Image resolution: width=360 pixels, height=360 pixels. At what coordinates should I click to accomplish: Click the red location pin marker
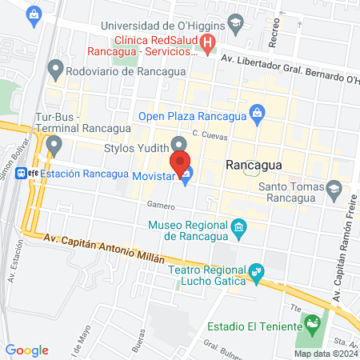[181, 161]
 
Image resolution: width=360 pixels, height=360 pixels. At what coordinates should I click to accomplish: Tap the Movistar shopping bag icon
[186, 176]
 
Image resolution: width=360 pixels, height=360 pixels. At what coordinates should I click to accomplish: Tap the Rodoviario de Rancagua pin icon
[55, 70]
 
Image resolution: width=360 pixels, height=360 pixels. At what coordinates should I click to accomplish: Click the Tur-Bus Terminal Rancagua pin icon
[54, 146]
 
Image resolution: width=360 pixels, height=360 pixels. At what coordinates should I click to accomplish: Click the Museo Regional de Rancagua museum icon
[238, 230]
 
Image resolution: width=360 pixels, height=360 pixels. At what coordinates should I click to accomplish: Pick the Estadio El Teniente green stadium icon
[311, 326]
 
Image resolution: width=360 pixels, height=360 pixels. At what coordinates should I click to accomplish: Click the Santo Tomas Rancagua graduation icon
[334, 190]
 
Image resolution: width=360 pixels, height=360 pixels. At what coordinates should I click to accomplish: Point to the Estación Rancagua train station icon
[33, 174]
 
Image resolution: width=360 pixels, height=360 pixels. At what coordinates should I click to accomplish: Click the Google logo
[27, 350]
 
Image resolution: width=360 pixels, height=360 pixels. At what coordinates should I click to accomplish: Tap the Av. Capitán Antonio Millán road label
[104, 249]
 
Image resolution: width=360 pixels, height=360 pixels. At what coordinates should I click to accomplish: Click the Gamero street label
[160, 206]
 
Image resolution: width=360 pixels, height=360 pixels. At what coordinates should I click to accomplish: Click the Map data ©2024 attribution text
[325, 353]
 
